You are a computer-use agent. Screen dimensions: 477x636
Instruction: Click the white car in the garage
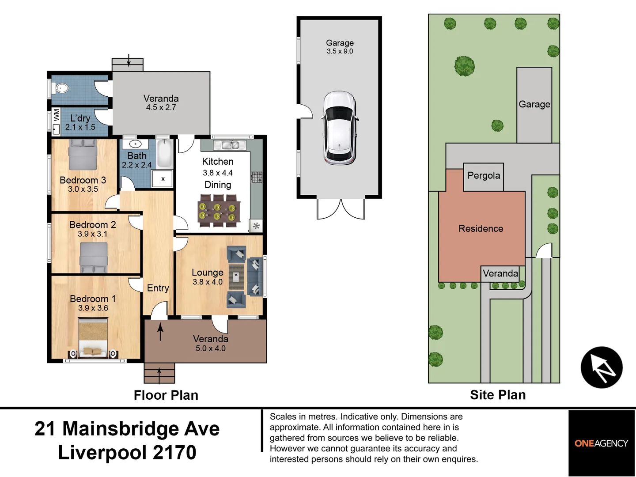(339, 128)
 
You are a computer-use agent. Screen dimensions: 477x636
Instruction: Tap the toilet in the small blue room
(61, 88)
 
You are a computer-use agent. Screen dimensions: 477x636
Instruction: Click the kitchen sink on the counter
(230, 145)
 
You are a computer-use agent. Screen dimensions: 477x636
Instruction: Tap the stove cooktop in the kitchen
(257, 177)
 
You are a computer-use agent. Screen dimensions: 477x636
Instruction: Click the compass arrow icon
(601, 367)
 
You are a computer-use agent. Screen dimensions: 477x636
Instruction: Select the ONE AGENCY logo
(601, 443)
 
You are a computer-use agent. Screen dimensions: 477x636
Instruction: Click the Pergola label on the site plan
(484, 176)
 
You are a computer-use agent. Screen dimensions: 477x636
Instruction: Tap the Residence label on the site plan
(481, 229)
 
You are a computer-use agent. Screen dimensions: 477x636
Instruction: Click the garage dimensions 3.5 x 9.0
(340, 51)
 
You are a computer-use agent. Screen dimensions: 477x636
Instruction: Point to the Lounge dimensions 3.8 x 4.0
(207, 282)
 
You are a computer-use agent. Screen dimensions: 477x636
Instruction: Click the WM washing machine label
(57, 115)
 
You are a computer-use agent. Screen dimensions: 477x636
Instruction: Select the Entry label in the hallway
(158, 288)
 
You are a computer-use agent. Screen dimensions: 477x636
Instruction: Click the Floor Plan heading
(166, 395)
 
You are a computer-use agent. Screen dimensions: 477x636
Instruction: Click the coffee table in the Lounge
(236, 276)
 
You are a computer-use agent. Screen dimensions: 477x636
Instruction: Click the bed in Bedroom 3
(83, 155)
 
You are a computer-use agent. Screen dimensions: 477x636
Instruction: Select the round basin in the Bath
(135, 144)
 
